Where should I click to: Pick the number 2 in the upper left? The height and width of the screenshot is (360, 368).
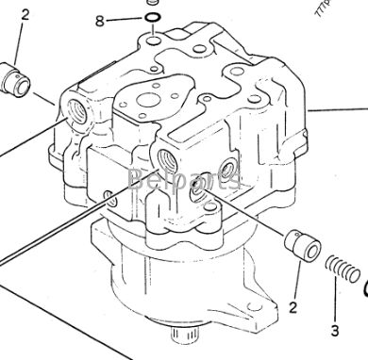(25, 14)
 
